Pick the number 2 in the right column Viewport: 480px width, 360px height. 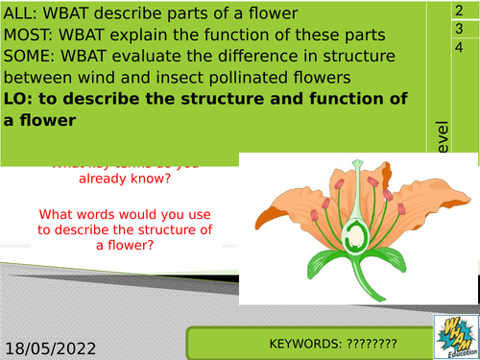point(458,9)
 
